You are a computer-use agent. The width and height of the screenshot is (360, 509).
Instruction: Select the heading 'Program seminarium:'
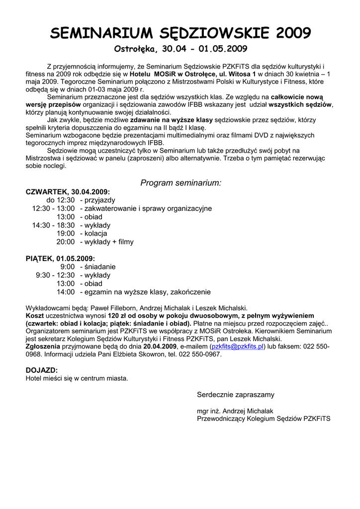pos(180,183)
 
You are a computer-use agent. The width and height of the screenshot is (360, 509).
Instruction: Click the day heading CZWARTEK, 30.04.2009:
pos(68,192)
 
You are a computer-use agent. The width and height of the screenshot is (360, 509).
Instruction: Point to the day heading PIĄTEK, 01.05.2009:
pos(60,258)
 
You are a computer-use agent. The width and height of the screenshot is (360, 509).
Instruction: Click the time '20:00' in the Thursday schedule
pos(65,242)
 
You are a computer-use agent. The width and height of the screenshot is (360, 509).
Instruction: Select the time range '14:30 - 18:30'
pos(53,225)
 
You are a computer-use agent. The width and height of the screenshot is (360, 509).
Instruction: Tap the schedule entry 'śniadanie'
pos(99,267)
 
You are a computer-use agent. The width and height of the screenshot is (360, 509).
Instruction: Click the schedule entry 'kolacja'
pos(95,234)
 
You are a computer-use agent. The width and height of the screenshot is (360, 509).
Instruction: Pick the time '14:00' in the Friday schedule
pos(65,292)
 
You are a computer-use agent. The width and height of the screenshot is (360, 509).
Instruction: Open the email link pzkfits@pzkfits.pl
pos(238,346)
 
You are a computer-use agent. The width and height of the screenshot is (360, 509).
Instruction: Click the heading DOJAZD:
pos(42,370)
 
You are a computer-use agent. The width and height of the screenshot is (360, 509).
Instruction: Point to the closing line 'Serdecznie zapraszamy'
pos(236,395)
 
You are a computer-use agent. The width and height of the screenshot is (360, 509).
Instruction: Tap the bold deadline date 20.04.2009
pos(160,346)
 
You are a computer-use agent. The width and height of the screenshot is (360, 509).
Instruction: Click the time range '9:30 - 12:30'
pos(55,275)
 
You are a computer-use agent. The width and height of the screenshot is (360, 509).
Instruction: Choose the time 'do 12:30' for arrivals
pos(60,200)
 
